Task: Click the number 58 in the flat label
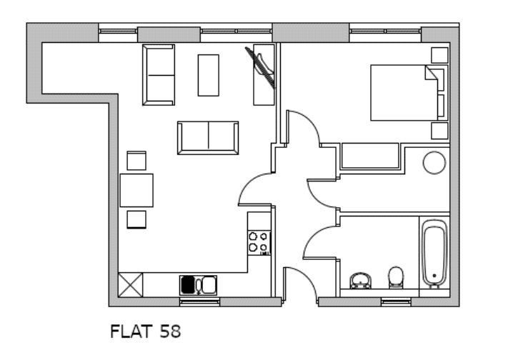(x=170, y=331)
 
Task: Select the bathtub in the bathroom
(x=434, y=254)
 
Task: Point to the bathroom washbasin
(x=360, y=281)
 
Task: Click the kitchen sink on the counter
(x=199, y=285)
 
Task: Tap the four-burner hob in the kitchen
(x=259, y=243)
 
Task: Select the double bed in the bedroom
(x=407, y=93)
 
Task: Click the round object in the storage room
(x=434, y=163)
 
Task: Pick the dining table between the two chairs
(x=136, y=190)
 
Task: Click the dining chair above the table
(x=136, y=161)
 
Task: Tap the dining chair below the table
(x=136, y=220)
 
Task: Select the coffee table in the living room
(x=209, y=75)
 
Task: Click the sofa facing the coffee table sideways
(x=159, y=75)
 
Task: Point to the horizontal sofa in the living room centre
(x=208, y=138)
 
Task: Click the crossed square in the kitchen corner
(x=131, y=285)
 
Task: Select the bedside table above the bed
(x=439, y=55)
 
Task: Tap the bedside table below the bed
(x=439, y=131)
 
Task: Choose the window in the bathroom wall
(x=396, y=302)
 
